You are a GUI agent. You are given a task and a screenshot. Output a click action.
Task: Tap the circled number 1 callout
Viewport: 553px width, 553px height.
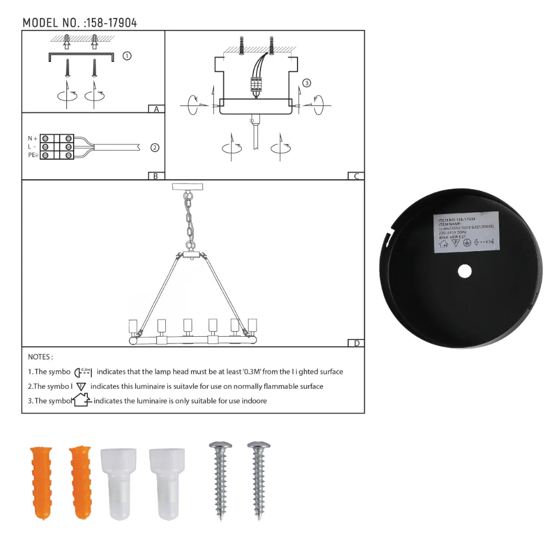tap(127, 56)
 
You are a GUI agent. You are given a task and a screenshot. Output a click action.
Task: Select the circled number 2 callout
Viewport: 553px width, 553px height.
tap(155, 148)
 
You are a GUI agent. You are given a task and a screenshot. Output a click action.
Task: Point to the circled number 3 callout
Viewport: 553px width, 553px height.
tap(307, 84)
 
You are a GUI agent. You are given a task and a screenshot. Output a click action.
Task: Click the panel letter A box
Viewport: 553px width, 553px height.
tap(156, 109)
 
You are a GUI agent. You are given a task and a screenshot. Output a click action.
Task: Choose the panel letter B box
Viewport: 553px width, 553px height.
tap(156, 176)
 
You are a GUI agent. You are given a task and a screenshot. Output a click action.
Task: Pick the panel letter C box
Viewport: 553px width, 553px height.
tap(356, 176)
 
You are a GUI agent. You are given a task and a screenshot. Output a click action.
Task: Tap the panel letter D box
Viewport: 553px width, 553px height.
tap(356, 343)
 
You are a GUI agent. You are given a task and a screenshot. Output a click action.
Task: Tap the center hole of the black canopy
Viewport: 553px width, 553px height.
tap(465, 271)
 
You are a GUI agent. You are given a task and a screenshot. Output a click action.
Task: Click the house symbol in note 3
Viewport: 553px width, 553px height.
tap(82, 399)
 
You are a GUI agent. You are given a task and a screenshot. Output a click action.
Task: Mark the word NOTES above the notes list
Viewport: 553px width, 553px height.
tap(40, 357)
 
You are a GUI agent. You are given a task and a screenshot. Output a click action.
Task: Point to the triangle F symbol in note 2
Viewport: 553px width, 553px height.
tap(81, 387)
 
